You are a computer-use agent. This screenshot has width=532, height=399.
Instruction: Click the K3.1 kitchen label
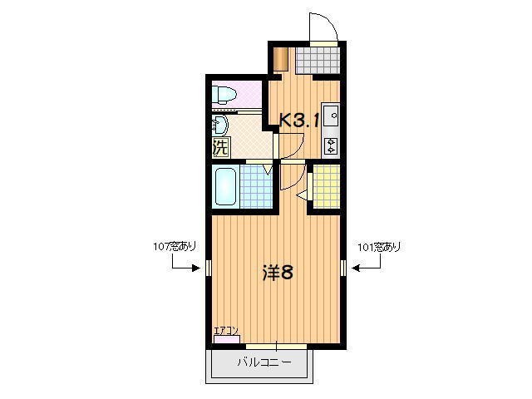(299, 120)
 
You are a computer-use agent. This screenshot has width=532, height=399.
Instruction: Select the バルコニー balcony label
(264, 362)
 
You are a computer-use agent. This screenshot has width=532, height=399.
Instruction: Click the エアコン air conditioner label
(226, 331)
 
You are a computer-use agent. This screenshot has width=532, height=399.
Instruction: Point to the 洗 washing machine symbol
(220, 149)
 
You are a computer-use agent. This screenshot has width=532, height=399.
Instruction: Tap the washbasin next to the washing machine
(219, 126)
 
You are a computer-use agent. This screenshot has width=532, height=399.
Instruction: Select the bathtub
(225, 186)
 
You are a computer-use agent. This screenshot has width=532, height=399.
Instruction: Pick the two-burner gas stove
(330, 146)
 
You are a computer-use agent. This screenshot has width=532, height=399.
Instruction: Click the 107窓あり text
(175, 247)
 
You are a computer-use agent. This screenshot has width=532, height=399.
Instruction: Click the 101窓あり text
(378, 247)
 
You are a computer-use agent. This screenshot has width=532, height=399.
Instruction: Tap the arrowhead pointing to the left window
(198, 268)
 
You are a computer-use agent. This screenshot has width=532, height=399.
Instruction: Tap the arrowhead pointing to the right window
(354, 268)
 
